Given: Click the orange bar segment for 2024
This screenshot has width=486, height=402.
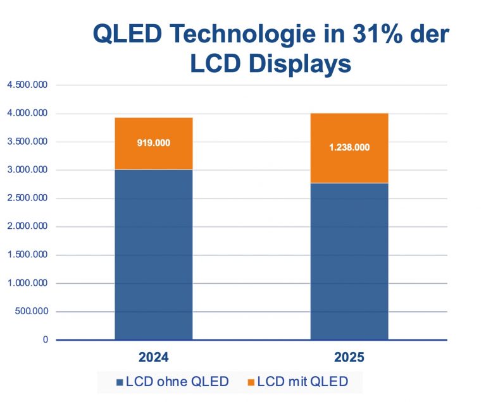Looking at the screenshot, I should click(154, 155).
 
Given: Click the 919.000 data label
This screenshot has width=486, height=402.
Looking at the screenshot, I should click(154, 143).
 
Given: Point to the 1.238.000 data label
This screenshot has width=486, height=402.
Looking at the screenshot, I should click(349, 147).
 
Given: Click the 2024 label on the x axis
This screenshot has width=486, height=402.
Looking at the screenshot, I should click(154, 358).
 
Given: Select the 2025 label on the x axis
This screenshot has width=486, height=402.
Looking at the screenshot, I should click(349, 358).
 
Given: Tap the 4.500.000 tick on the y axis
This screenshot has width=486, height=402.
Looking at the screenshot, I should click(27, 85).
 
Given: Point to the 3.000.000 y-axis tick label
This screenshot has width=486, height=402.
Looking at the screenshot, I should click(27, 170).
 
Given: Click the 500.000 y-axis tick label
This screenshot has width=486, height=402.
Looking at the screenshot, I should click(30, 312).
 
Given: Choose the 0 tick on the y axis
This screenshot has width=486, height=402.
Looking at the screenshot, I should click(45, 340).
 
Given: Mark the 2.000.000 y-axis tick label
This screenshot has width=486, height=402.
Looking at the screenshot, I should click(27, 227).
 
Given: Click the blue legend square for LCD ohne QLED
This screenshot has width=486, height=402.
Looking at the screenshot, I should click(120, 382).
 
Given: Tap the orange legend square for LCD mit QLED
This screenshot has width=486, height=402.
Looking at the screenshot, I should click(251, 382).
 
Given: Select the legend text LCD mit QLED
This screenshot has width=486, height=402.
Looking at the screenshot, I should click(302, 381).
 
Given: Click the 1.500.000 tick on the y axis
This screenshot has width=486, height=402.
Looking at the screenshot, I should click(27, 255).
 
